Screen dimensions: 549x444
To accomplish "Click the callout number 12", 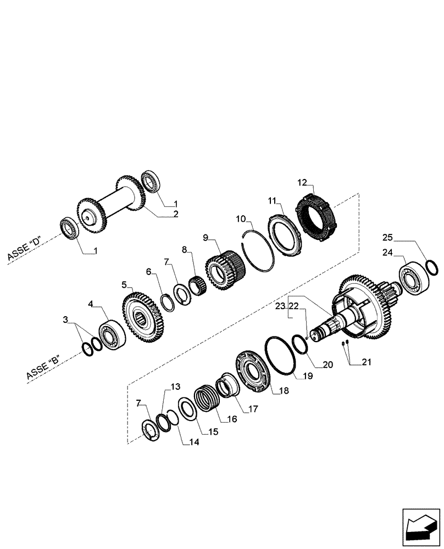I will (x=302, y=182).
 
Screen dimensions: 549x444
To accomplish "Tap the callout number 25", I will (x=389, y=237).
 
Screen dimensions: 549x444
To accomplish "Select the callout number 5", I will (x=125, y=285).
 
